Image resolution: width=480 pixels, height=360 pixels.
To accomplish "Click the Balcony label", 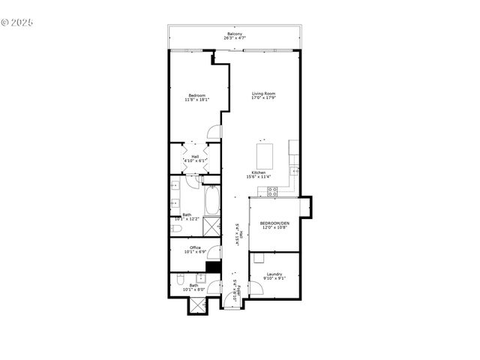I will [x=234, y=35].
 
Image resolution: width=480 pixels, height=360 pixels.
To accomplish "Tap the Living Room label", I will [x=264, y=95].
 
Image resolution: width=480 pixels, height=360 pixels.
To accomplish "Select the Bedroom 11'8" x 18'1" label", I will [x=196, y=97].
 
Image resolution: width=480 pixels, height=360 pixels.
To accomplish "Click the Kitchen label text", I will [x=258, y=175].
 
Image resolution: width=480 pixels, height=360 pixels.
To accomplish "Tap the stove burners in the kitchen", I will [x=274, y=192].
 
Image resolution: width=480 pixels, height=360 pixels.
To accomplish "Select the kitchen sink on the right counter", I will [x=296, y=172].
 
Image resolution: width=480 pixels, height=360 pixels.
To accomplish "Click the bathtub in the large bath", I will [x=211, y=200].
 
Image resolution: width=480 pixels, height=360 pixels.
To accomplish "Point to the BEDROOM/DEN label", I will [x=274, y=226].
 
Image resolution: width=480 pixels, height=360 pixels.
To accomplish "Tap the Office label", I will [x=194, y=250].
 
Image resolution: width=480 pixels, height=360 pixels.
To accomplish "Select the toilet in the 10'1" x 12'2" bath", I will [x=174, y=229].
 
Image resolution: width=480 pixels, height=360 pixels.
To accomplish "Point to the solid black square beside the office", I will [x=213, y=266].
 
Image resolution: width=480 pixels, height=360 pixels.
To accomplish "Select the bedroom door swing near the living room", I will [x=214, y=132].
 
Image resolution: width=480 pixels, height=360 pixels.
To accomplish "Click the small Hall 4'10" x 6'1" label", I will [x=194, y=158].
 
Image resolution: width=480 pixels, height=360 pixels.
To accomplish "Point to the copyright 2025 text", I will [x=18, y=22].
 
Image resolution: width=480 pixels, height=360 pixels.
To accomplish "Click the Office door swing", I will [x=214, y=253].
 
